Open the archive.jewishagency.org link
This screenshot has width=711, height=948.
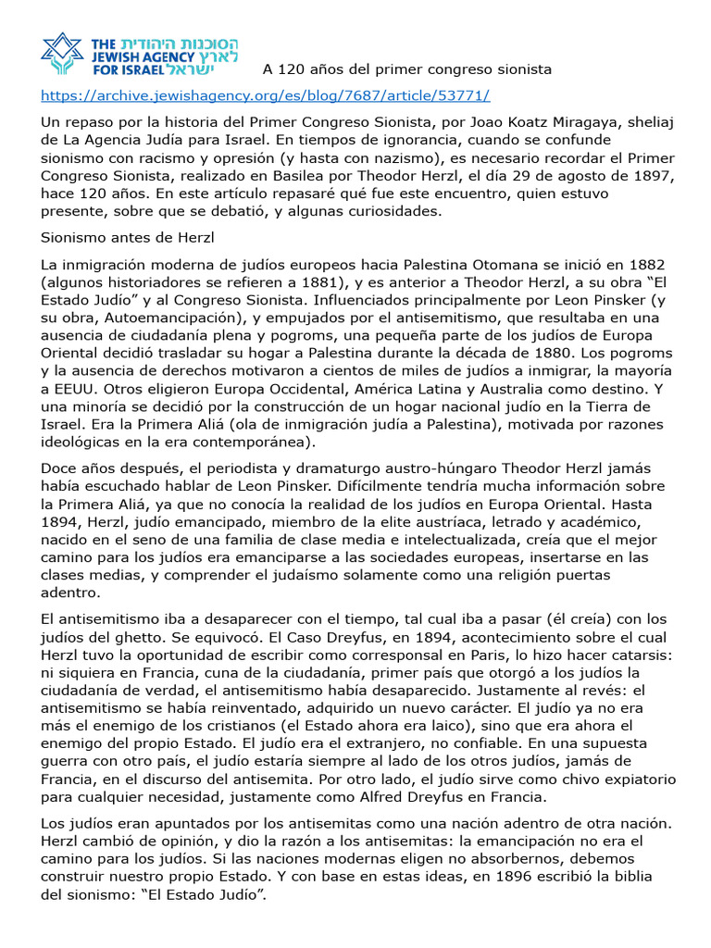[x=265, y=96]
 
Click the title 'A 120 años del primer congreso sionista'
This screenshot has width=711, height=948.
[x=407, y=69]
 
